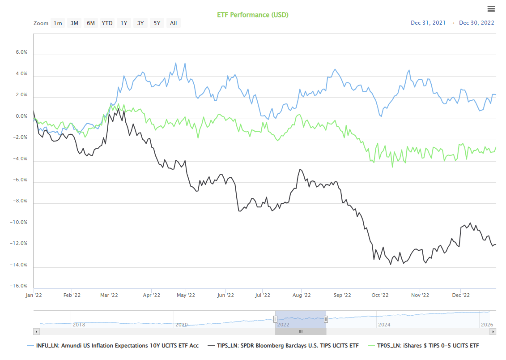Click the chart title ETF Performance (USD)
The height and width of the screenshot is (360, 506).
(x=253, y=15)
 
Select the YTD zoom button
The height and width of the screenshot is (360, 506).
(x=107, y=23)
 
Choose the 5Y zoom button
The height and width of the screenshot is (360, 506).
(x=157, y=23)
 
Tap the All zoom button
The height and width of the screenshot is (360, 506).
(x=174, y=23)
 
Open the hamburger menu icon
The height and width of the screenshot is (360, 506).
(x=491, y=9)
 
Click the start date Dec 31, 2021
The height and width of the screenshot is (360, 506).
(x=428, y=23)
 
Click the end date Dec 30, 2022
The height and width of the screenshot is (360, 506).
(x=476, y=23)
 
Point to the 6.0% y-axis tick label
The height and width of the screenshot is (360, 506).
(x=21, y=52)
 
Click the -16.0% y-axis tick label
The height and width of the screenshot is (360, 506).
(x=20, y=286)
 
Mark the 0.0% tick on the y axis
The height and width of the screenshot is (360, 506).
(x=21, y=116)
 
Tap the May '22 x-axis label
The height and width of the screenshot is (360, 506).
(x=186, y=295)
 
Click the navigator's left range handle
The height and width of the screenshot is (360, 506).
(x=275, y=319)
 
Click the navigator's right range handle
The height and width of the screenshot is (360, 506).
(x=326, y=319)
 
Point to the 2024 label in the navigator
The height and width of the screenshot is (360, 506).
(x=384, y=324)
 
